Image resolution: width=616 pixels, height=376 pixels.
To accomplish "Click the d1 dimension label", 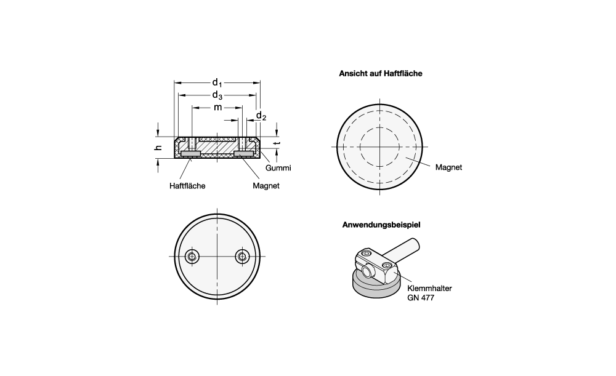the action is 217,83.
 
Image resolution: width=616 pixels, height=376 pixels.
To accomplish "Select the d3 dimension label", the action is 217,95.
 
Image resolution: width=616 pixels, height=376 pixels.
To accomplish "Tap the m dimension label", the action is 217,107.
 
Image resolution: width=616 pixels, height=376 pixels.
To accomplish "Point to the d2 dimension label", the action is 261,116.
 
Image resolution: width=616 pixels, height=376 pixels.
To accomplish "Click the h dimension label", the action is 158,148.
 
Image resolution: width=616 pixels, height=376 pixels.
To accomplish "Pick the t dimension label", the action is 278,143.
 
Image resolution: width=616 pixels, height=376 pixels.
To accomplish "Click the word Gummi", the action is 278,168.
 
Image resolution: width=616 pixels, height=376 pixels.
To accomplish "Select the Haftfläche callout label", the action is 187,186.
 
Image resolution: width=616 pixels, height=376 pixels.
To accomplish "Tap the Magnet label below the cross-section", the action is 266,186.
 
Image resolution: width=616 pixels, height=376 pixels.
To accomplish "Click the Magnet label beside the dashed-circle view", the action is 448,167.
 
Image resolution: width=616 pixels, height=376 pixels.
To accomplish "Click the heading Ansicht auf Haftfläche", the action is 381,73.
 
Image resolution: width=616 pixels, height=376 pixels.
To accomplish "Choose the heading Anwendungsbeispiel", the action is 381,225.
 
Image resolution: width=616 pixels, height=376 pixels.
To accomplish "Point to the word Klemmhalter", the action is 429,288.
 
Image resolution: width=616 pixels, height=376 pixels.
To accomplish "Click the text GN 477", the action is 421,298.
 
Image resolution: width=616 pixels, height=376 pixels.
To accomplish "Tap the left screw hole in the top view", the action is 192,257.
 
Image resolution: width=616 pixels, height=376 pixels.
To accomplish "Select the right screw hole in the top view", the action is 242,257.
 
